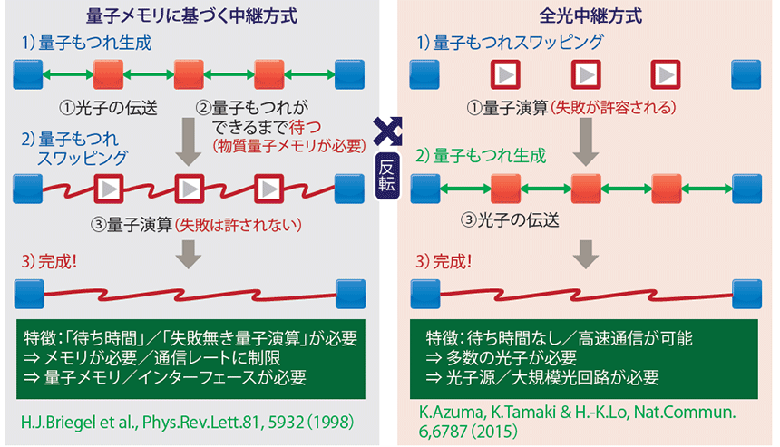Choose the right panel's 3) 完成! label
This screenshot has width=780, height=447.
tap(453, 262)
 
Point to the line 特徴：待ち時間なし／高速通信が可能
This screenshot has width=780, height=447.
tap(560, 338)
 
